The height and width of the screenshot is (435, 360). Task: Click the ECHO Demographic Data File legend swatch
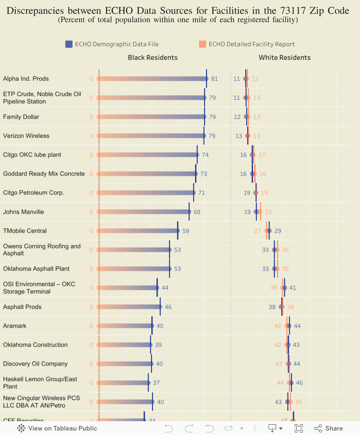coord(69,44)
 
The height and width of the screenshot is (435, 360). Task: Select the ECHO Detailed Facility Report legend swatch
coord(203,44)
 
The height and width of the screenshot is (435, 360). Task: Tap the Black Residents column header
coord(153,58)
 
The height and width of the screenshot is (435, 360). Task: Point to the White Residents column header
coord(285,58)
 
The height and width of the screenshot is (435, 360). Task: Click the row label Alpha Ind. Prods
coord(26,79)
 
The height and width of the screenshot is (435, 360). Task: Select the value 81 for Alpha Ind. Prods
coord(214,79)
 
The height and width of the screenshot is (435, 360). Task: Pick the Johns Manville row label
coord(23,212)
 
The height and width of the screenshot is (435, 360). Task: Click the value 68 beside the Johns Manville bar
coord(197,212)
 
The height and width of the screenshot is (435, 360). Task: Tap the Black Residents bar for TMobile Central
coord(138,231)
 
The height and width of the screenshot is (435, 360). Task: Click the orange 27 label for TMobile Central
coord(258,231)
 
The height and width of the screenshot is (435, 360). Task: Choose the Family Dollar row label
coord(21,117)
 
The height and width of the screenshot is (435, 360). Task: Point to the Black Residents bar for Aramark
coord(125,326)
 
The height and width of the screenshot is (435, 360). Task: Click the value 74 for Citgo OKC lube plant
coord(205,155)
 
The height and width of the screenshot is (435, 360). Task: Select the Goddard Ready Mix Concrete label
coord(44,174)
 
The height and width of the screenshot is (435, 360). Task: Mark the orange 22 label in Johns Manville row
coord(269,212)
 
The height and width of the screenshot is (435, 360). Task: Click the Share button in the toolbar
coord(328,428)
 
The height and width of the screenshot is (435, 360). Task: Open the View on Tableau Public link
coord(57,428)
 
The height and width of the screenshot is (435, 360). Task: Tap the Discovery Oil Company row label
coord(35,364)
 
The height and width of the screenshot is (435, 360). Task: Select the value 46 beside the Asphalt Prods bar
coord(168,307)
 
